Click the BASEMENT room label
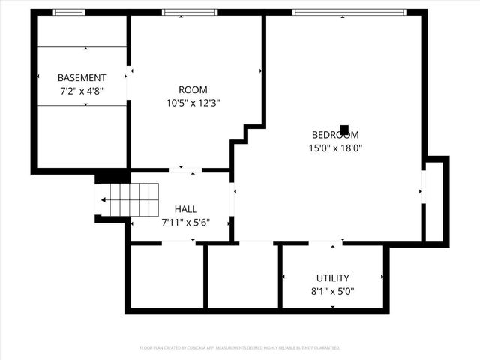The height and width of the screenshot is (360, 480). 82,77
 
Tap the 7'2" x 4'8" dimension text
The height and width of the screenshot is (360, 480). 82,90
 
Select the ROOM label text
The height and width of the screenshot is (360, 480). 193,90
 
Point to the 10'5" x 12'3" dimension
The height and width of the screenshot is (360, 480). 193,103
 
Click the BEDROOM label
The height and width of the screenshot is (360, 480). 335,135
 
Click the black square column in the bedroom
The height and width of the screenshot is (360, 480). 344,129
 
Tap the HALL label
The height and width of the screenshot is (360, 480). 186,209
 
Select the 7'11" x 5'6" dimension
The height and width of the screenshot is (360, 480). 185,222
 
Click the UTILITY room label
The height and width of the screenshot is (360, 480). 332,277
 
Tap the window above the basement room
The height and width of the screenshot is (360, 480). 69,12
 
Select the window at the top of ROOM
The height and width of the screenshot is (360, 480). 190,12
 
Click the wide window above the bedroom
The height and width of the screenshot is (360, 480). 349,12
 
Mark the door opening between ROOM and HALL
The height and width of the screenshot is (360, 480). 185,170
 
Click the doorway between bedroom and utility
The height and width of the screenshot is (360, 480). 325,243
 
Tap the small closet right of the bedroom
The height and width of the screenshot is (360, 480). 434,200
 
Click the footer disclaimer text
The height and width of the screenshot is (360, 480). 240,348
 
